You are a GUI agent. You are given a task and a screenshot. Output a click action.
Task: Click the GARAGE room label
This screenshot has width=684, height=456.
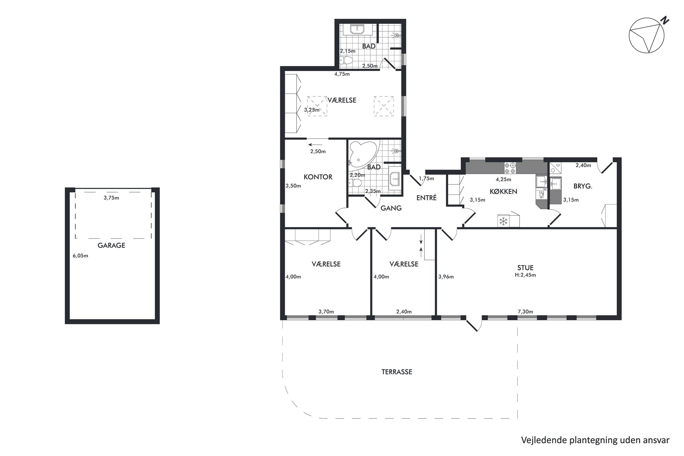point(111,245)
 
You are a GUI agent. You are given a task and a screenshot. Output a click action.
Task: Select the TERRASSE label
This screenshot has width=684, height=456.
point(397,372)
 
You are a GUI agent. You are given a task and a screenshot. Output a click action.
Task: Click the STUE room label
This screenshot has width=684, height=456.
point(525,267)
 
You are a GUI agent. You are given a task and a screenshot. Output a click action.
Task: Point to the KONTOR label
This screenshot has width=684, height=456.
point(318,177)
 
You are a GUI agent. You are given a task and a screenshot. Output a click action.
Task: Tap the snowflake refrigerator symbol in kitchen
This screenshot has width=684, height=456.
point(504,221)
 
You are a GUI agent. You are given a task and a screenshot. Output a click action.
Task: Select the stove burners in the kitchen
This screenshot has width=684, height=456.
point(510,168)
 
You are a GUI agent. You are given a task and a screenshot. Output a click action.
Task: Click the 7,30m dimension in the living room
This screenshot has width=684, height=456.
point(525,312)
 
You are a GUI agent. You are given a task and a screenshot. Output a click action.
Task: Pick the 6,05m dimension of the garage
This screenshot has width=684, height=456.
point(80,256)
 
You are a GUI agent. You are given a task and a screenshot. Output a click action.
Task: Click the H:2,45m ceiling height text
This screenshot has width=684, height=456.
point(525,275)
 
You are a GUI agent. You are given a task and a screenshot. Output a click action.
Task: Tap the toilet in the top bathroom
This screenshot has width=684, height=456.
point(346,61)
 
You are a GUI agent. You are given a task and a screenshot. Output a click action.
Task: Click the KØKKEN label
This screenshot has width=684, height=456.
point(503,191)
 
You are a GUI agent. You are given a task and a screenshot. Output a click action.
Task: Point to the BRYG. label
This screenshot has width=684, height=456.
point(583,186)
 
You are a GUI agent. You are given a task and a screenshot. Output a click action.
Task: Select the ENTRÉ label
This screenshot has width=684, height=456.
point(426,197)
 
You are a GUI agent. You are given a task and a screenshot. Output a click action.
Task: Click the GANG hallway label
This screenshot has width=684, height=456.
point(391,208)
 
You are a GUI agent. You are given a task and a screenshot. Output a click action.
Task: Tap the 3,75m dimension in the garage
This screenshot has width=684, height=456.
point(111,198)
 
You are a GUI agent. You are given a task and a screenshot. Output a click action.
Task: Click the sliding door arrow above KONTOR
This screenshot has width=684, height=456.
point(315,145)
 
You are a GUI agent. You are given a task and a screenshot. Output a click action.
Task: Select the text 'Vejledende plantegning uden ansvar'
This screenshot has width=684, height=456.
point(595,440)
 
